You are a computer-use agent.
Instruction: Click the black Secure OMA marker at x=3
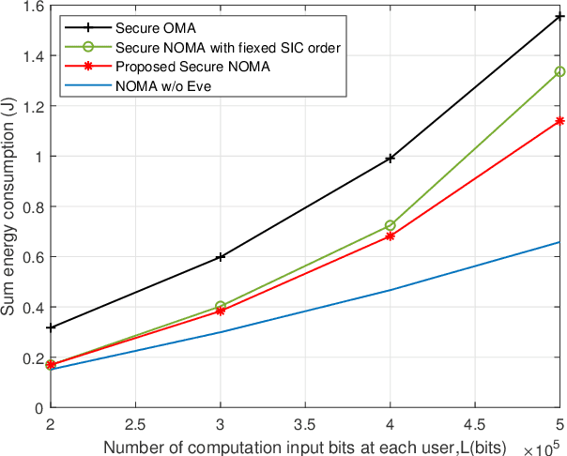point(220,256)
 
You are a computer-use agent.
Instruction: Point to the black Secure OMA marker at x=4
point(390,159)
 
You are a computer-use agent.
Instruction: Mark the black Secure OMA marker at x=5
point(559,17)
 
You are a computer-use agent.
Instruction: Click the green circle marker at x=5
point(559,71)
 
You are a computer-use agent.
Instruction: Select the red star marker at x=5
point(559,121)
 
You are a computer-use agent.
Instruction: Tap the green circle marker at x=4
point(390,225)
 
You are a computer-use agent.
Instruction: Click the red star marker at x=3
point(220,311)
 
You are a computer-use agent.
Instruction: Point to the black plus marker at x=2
point(50,327)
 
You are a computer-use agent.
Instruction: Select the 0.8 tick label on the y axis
point(34,206)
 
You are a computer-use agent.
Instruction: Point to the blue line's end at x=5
point(559,242)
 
